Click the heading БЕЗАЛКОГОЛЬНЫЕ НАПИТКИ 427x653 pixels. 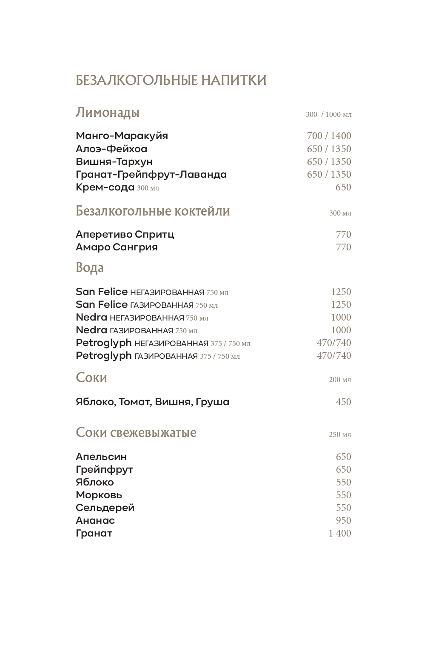point(171,80)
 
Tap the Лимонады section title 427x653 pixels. point(108,113)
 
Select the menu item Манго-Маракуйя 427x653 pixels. point(122,136)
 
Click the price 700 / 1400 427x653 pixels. point(329,136)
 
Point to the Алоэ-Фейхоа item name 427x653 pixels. point(111,149)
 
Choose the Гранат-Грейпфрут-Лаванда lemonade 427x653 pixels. point(151,174)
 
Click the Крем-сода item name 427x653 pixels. point(105,187)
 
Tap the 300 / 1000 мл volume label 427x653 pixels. point(328,114)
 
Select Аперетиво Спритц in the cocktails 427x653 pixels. point(125,234)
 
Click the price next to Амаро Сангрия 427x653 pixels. point(343,247)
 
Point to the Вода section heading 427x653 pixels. point(90,268)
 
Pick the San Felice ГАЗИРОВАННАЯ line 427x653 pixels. point(146,305)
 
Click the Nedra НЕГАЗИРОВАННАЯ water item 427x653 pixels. point(142,318)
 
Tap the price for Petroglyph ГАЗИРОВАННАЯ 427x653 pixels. point(334,355)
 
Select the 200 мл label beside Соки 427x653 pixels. point(340,380)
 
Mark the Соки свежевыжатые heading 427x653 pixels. point(136,432)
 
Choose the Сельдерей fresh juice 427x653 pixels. point(105,508)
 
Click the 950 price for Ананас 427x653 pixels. point(343,520)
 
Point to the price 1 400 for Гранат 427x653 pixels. point(340,533)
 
